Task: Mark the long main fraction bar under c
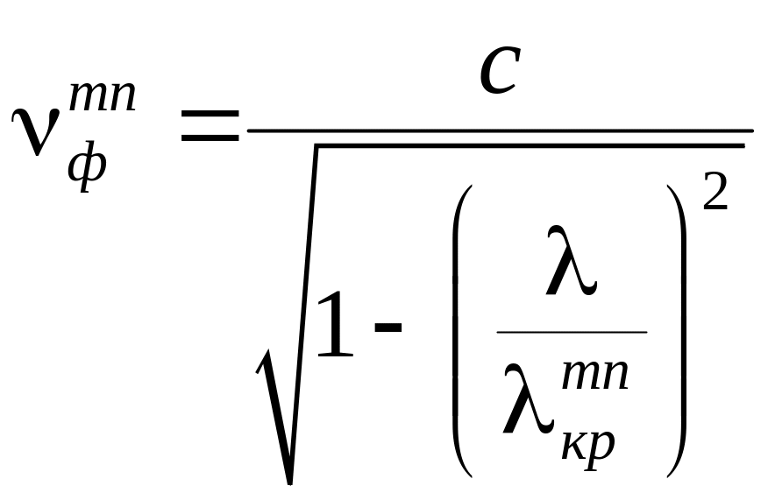(x=500, y=130)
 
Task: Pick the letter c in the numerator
(x=501, y=74)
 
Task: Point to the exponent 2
(x=715, y=191)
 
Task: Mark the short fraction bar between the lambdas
(x=571, y=333)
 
